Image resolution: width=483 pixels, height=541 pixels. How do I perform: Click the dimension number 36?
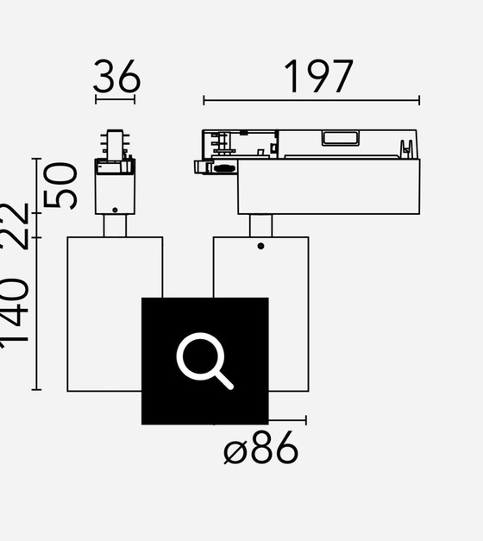(x=116, y=78)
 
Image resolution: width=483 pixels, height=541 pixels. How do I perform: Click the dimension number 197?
(x=318, y=77)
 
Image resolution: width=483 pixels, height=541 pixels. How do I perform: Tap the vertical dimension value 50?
(x=61, y=185)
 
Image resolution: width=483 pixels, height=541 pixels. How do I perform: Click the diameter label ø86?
(x=261, y=450)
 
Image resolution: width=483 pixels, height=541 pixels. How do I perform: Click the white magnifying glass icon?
(x=204, y=361)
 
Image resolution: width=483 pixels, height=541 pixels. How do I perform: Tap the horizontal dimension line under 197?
(x=311, y=101)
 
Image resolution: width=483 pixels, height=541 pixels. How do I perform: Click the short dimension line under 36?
(x=115, y=100)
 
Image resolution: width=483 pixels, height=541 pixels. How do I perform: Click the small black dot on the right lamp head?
(x=260, y=247)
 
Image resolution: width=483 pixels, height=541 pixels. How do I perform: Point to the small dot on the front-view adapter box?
(x=115, y=207)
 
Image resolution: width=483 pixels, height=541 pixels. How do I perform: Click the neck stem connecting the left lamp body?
(x=115, y=225)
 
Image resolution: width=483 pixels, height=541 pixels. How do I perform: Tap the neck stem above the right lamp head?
(x=260, y=225)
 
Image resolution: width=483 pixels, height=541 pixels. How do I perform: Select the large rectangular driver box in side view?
(x=329, y=186)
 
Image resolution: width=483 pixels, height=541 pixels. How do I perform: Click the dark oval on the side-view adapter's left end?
(x=224, y=168)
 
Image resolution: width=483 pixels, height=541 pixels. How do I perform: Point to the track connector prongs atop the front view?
(x=115, y=143)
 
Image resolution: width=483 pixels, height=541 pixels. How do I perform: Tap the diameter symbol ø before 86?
(x=235, y=451)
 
